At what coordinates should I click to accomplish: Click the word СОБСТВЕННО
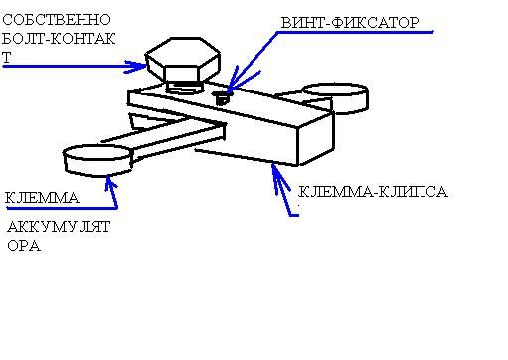coord(57,20)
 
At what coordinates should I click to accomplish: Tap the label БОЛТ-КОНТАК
coord(59,39)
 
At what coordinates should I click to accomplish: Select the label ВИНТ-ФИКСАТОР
coord(350,23)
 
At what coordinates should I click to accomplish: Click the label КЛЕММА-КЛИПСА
coord(373,192)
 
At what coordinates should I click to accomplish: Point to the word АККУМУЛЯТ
coord(59,227)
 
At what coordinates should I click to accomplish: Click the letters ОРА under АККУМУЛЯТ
coord(24,246)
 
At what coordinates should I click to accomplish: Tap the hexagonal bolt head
coord(183,60)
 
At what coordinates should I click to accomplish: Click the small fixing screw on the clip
coord(221,97)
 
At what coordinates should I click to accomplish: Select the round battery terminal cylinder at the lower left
coord(98,160)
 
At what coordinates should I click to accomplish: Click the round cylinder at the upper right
coord(335,96)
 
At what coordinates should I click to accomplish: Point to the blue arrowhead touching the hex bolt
coord(136,67)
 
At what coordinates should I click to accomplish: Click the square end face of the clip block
coord(316,138)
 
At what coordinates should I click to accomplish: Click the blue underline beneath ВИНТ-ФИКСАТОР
coord(356,32)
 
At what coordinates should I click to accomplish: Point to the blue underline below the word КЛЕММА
coord(62,208)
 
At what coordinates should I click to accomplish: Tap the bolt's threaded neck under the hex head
coord(184,88)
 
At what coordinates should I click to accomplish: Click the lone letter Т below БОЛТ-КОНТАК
coord(6,58)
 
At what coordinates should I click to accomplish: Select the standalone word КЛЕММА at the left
coord(42,198)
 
